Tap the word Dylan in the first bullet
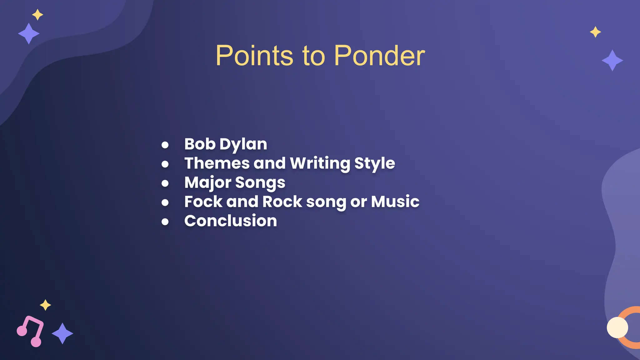point(243,145)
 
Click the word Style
point(375,164)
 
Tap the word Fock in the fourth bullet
point(203,202)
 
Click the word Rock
point(282,202)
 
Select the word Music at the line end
point(395,202)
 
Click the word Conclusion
point(231,221)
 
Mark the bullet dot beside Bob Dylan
point(165,145)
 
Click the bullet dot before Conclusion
point(165,222)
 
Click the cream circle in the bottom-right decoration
point(617,327)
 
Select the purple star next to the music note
point(62,333)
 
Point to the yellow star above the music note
point(45,305)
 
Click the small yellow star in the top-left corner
point(37,15)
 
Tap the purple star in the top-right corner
point(612,60)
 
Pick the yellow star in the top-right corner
point(595,32)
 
